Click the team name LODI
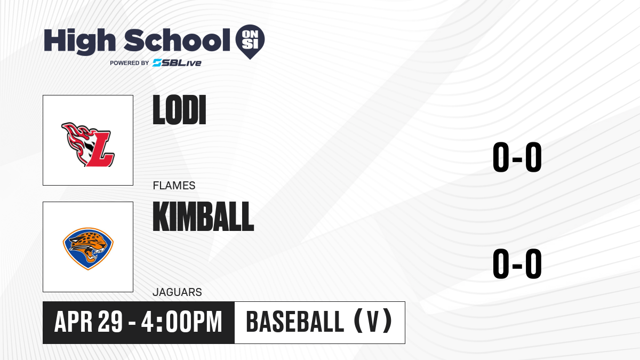[x=179, y=110]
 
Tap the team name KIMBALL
[x=203, y=217]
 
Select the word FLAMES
[x=174, y=186]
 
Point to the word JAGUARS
[x=177, y=292]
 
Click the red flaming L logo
[x=88, y=145]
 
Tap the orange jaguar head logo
[x=88, y=249]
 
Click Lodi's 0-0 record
[x=517, y=157]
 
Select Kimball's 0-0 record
[x=517, y=263]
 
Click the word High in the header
[x=80, y=41]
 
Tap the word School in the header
[x=177, y=39]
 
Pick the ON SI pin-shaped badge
[x=250, y=42]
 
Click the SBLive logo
[x=177, y=63]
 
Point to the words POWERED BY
[x=130, y=63]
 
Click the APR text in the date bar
[x=74, y=322]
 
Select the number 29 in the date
[x=110, y=322]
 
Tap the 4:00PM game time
[x=182, y=322]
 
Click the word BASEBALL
[x=295, y=322]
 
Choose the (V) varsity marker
[x=373, y=322]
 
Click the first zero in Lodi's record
[x=501, y=157]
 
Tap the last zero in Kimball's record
[x=533, y=263]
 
